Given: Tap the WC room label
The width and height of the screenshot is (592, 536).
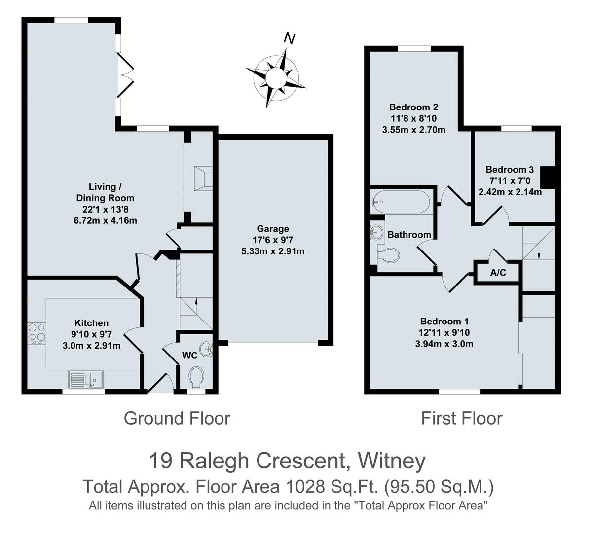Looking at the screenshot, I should tap(189, 355).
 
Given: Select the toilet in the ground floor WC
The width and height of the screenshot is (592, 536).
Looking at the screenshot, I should tap(196, 377).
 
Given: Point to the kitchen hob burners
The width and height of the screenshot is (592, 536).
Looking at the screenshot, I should tap(36, 332).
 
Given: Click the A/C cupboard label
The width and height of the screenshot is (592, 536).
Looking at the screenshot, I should tap(498, 273).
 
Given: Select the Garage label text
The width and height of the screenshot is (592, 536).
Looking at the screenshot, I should tap(273, 229).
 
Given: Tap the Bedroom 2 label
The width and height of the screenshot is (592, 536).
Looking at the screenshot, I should tap(413, 107).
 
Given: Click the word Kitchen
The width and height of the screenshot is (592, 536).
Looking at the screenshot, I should tap(91, 323).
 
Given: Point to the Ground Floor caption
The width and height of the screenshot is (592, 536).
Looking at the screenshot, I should tap(177, 418).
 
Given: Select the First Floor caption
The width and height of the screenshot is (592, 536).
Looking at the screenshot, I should tap(461, 418).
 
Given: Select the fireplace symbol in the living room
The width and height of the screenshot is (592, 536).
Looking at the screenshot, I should tap(203, 178).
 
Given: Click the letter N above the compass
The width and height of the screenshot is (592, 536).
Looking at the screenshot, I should tap(290, 38).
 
